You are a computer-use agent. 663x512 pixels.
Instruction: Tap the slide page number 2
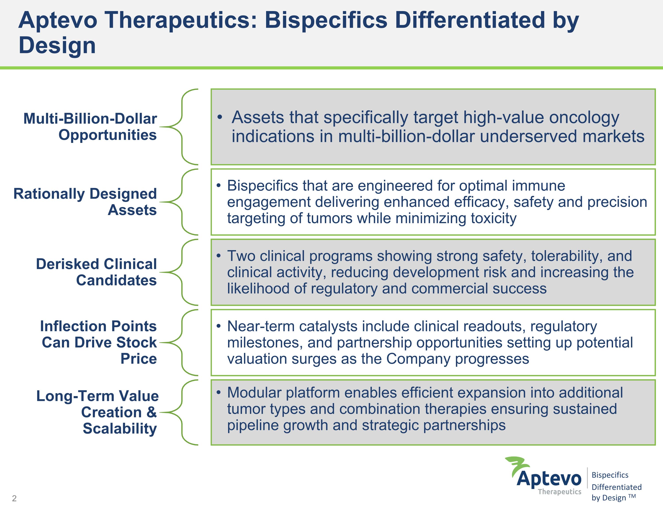coord(14,498)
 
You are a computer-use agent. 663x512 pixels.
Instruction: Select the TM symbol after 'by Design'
coord(632,496)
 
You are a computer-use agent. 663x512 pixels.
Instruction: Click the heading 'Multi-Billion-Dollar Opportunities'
coord(90,127)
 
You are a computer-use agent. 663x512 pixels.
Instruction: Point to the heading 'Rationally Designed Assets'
coord(85,202)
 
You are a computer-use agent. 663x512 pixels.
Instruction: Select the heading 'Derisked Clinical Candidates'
coord(97,272)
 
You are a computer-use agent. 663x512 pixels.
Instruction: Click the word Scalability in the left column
coord(120,428)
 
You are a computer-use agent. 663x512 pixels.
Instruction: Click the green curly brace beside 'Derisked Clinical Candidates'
coord(182,272)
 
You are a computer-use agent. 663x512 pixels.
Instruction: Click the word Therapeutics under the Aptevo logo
coord(560,492)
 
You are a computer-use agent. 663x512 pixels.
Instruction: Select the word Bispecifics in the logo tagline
coord(610,475)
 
